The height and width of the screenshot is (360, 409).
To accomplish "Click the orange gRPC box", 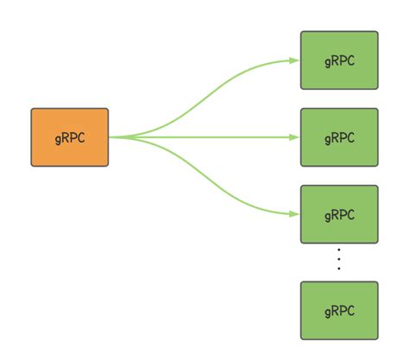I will [x=70, y=136].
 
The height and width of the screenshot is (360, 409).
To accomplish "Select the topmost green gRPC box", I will [x=339, y=60].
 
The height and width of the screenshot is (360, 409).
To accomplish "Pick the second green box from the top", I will [x=339, y=136].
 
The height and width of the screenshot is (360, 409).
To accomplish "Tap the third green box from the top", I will [x=339, y=214].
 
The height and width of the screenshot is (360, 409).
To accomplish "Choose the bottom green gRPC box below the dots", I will [x=339, y=310].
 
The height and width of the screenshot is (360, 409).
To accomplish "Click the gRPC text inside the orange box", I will [x=70, y=137].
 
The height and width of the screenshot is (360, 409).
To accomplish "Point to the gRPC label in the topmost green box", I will [x=339, y=61].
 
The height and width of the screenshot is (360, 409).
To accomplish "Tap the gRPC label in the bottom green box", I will [x=339, y=311].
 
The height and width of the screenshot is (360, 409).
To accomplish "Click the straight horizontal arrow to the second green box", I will [x=207, y=136].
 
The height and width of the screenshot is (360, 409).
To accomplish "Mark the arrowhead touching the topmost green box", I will [x=294, y=60].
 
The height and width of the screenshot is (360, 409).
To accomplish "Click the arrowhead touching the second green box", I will [x=294, y=136].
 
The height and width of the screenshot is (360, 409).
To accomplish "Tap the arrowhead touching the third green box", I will [x=294, y=213].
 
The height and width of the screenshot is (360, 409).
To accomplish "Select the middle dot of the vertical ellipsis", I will [x=339, y=260].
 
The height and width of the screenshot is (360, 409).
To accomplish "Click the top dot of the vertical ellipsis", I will [x=339, y=251].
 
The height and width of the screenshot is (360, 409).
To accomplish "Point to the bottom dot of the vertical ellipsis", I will [x=339, y=268].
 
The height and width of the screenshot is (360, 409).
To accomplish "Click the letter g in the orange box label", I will [x=58, y=138].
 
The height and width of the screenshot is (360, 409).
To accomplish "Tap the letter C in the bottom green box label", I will [x=351, y=310].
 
